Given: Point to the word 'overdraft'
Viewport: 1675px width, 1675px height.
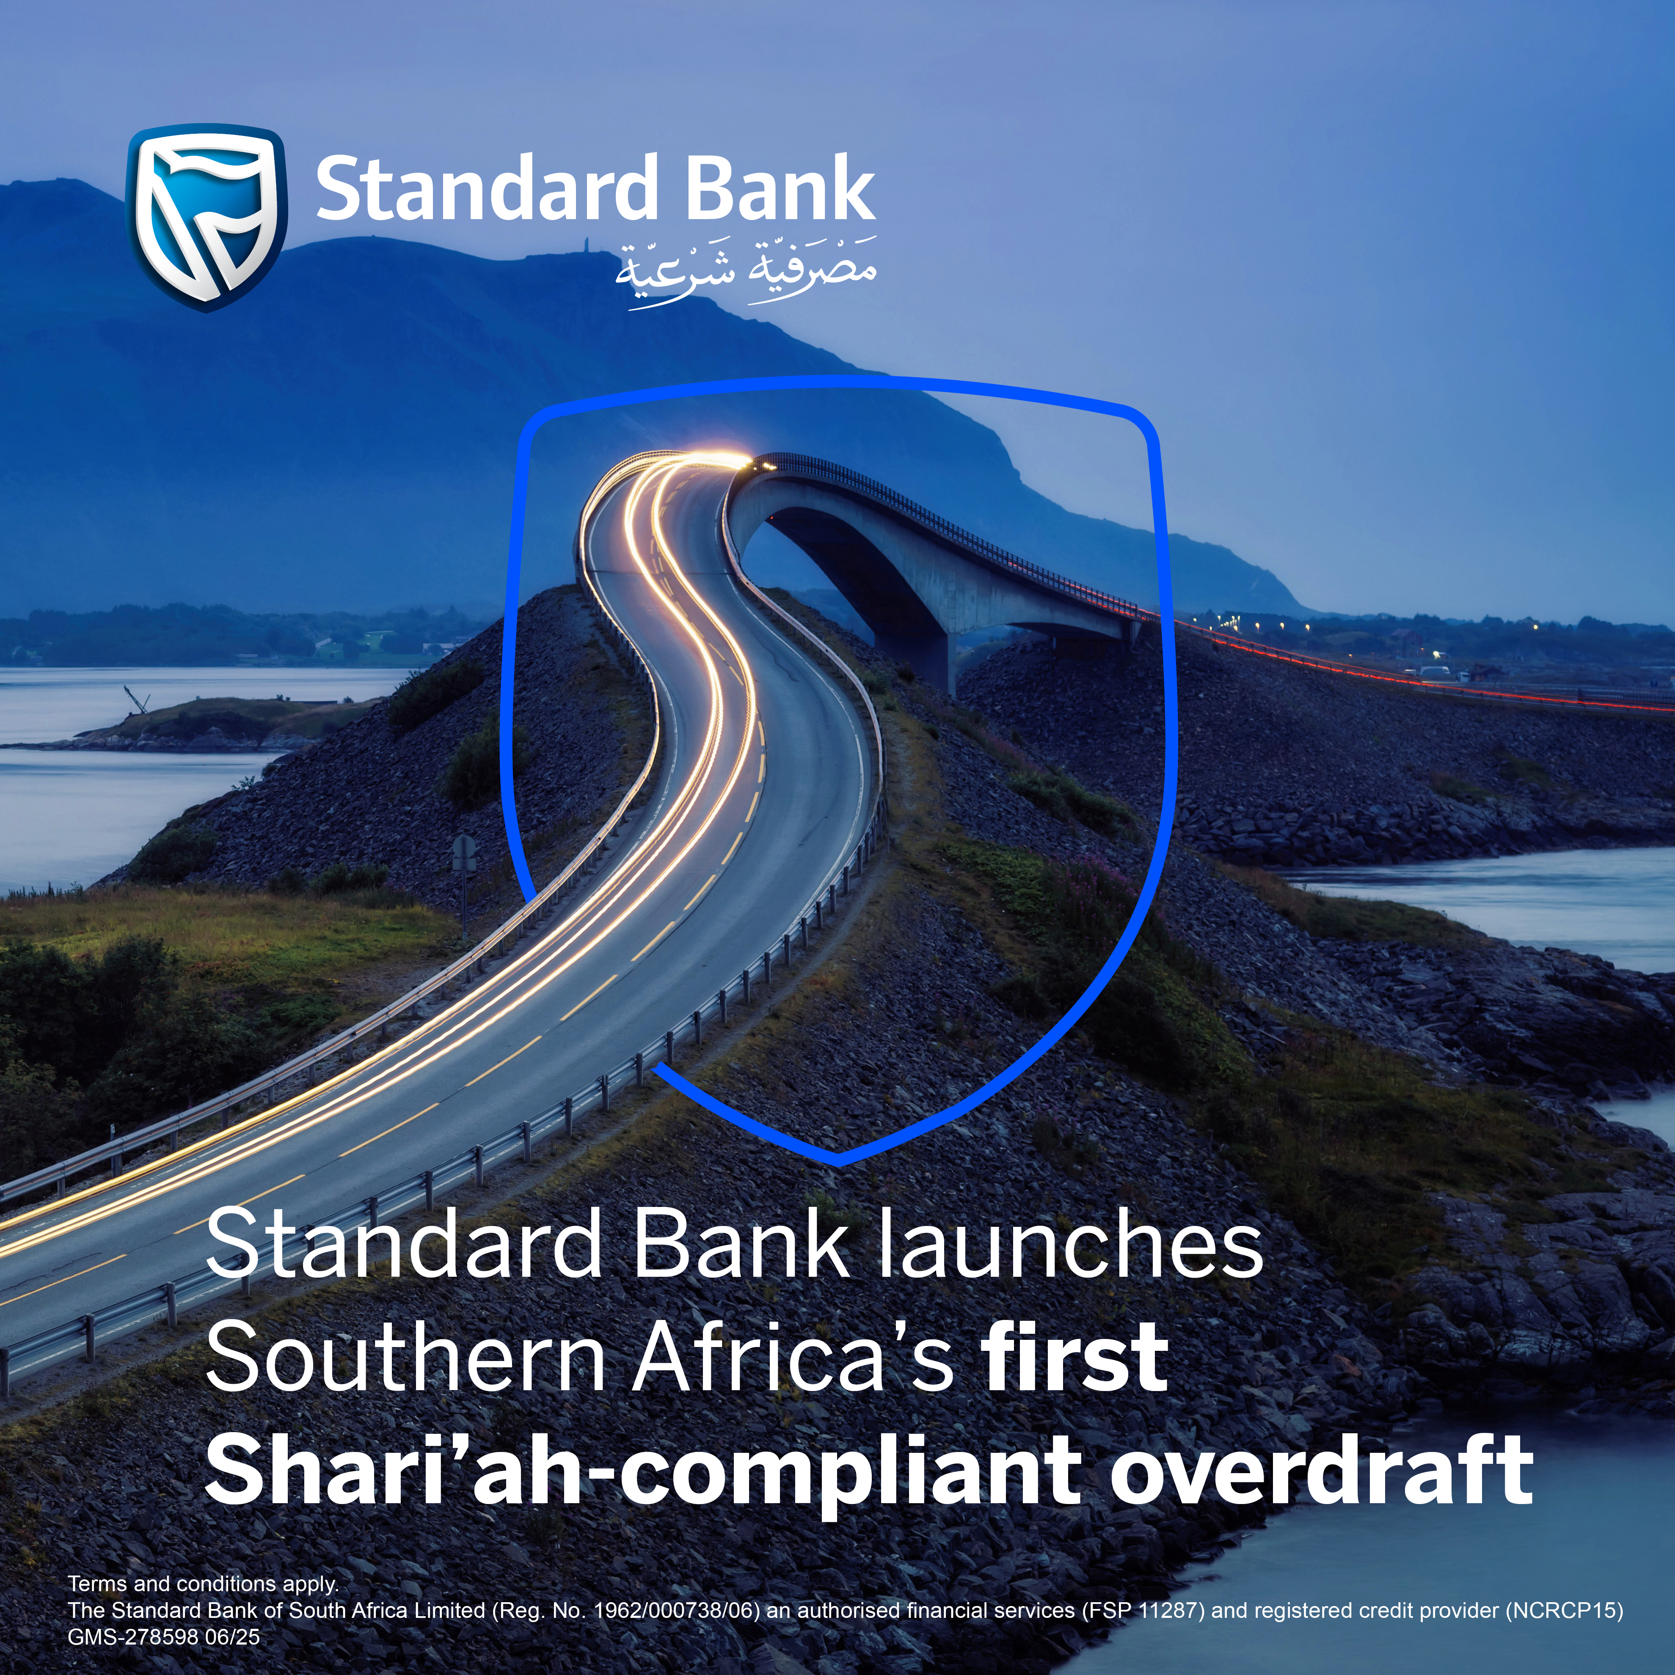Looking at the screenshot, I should coord(1321,1471).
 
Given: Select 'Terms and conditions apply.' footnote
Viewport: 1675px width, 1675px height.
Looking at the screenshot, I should coord(203,1583).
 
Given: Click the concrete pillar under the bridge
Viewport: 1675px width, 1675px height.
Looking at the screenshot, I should coord(932,650).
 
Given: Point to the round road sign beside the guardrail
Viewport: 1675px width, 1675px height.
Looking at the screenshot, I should coord(465,848).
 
